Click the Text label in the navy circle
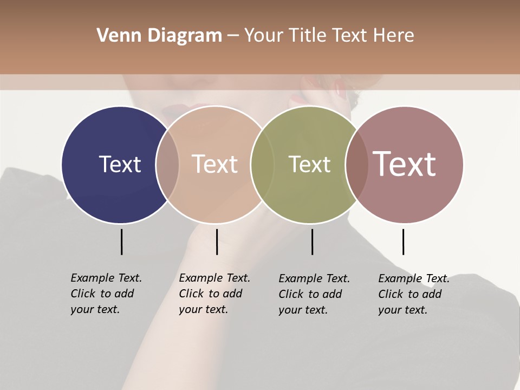tap(120, 164)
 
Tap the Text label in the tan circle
tap(215, 164)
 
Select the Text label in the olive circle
tap(309, 164)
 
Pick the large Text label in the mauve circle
tap(405, 164)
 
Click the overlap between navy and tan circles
tap(167, 165)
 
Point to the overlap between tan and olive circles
tap(262, 165)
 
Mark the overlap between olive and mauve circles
tap(356, 165)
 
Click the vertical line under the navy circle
tap(121, 242)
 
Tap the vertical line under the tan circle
tap(217, 242)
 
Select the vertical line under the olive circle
tap(313, 242)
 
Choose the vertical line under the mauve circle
tap(403, 242)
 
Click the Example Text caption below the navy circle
tap(106, 294)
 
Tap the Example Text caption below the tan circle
tap(214, 294)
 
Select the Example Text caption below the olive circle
tap(314, 294)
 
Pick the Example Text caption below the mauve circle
tap(413, 294)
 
